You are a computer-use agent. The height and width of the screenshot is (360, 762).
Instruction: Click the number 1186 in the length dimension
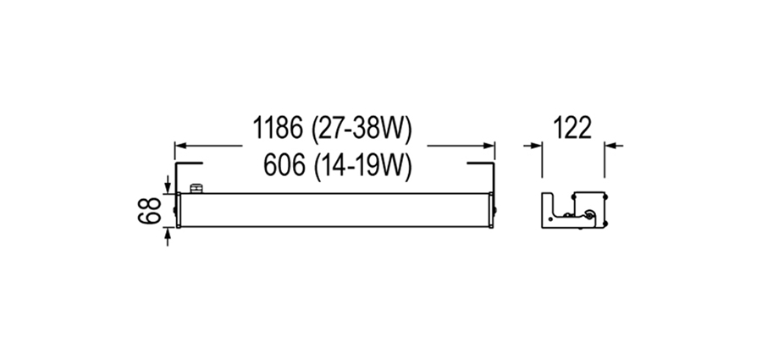click(x=277, y=128)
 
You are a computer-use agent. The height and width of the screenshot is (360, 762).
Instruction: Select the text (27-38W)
click(x=362, y=129)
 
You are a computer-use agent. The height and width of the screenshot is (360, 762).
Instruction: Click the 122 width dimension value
click(x=573, y=128)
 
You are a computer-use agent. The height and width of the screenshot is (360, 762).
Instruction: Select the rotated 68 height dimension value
click(x=149, y=210)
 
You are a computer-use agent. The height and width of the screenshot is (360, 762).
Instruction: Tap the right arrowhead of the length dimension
click(x=489, y=145)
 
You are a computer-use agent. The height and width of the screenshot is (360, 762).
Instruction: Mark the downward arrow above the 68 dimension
click(x=168, y=185)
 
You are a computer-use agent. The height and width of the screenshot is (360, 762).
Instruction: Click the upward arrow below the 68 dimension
click(x=168, y=236)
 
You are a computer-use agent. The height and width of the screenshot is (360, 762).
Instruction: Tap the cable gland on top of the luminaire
click(x=196, y=188)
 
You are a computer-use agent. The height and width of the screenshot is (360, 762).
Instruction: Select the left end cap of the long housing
click(x=179, y=210)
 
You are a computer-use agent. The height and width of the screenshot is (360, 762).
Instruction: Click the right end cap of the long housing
click(x=492, y=210)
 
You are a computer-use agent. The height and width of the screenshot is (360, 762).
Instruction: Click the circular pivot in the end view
click(x=589, y=215)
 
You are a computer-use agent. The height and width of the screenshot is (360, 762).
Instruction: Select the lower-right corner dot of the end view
click(x=605, y=224)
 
